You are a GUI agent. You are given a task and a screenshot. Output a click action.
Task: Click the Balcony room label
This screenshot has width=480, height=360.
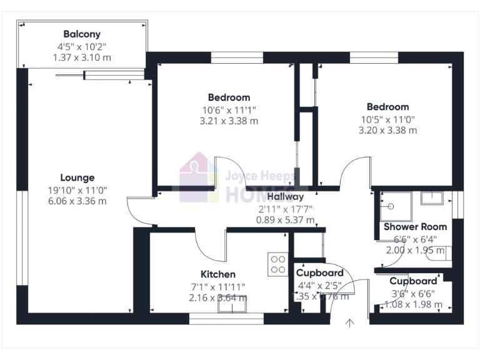pyautogui.click(x=82, y=34)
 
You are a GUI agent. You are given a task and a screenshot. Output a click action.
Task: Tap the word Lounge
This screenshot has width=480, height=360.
pyautogui.click(x=77, y=177)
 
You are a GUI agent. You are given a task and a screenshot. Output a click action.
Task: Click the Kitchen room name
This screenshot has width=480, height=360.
pyautogui.click(x=217, y=274)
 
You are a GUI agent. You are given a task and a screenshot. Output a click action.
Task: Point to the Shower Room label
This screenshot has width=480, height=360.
pyautogui.click(x=415, y=226)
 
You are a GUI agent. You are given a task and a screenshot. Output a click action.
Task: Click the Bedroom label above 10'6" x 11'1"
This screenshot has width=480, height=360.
pyautogui.click(x=229, y=97)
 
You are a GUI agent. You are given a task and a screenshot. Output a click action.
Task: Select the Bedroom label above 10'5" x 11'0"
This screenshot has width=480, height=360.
pyautogui.click(x=387, y=107)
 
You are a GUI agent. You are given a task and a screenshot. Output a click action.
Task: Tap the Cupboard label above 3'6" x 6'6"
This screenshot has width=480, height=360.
pyautogui.click(x=413, y=281)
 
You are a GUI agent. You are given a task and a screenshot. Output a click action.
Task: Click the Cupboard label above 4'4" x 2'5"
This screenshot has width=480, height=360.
pyautogui.click(x=319, y=273)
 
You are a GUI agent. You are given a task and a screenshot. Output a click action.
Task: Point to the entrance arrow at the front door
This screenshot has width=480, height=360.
pyautogui.click(x=349, y=322)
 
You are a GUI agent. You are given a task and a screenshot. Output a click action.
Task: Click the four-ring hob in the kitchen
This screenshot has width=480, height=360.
pyautogui.click(x=277, y=264)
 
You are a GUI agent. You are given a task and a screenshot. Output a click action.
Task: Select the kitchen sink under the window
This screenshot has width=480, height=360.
pyautogui.click(x=232, y=306)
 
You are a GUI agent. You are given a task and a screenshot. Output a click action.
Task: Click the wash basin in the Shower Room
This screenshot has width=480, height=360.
pyautogui.click(x=432, y=199)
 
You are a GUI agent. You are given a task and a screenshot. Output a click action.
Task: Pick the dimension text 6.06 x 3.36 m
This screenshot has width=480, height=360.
pyautogui.click(x=77, y=201)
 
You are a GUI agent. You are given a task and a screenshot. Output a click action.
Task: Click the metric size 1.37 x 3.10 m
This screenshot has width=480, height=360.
pyautogui.click(x=82, y=57)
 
